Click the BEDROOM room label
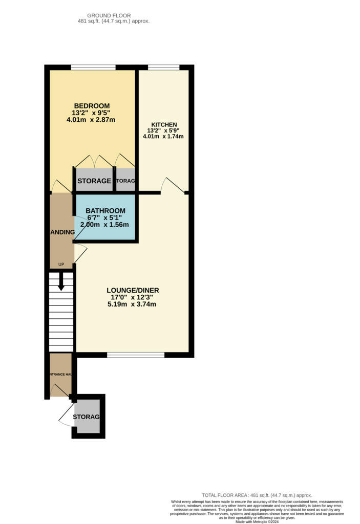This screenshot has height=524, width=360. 91,106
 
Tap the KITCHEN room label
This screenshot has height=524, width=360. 164,124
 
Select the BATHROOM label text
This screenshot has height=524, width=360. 105,211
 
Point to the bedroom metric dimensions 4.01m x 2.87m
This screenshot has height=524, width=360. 91,120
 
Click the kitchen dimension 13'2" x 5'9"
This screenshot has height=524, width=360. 164,130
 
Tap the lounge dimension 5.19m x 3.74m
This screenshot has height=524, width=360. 132,304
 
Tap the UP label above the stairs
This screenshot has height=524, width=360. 61,265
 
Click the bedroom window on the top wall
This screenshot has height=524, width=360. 93,67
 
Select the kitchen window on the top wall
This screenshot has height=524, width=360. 163,67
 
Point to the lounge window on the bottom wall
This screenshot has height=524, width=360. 136,355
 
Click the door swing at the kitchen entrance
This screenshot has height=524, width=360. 173,185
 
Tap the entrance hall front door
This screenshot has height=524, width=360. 61,390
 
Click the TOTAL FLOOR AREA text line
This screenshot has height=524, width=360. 257,495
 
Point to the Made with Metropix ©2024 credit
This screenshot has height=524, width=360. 257,521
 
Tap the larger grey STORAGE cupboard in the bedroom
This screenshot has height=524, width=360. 94,180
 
